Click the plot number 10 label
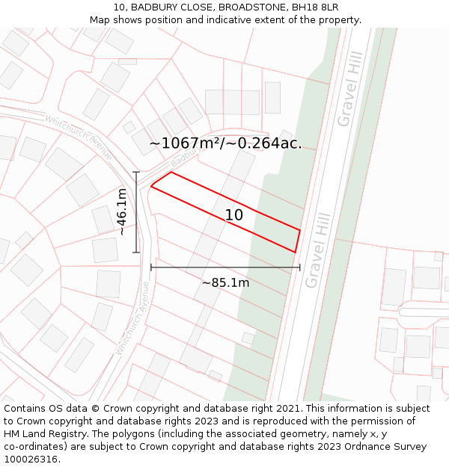pos(234,215)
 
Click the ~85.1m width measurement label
pos(225,282)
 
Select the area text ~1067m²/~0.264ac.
pos(225,143)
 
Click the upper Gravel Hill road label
pos(349,89)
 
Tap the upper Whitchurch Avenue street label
pos(79,137)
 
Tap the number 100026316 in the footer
pos(31,460)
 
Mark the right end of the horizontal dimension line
pos(300,267)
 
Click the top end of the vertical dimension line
pos(136,173)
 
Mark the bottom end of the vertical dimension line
pos(136,253)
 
